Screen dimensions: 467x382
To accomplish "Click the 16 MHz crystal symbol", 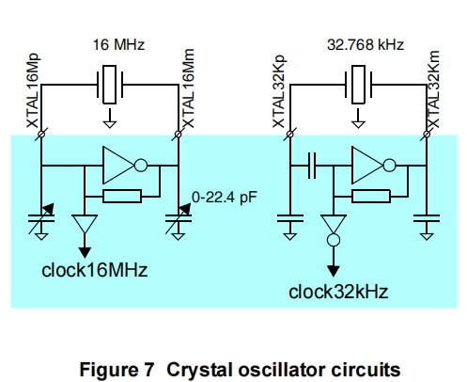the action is (110, 85).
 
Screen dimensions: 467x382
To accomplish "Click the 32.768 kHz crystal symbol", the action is (358, 85).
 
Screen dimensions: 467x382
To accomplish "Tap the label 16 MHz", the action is (118, 44).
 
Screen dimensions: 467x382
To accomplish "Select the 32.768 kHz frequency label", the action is (366, 44).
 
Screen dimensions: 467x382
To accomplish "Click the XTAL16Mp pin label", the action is (33, 90).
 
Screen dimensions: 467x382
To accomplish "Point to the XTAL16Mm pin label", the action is (188, 88).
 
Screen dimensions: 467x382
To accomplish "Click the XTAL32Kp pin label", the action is (279, 91).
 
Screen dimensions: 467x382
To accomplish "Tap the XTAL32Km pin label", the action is (434, 89).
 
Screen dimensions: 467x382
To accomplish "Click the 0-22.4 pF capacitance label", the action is (225, 198).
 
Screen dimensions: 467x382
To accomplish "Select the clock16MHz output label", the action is (94, 270).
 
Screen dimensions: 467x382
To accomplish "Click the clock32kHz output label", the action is (338, 292).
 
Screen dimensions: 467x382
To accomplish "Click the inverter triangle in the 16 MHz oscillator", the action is (118, 165).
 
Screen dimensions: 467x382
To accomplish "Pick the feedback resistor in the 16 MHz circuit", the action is (122, 197).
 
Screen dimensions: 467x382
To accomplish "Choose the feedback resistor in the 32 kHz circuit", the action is (371, 197).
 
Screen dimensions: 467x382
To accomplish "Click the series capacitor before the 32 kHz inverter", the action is (312, 166).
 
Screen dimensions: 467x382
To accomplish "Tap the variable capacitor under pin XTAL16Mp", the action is (41, 218).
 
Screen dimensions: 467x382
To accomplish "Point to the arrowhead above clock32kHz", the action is (334, 271).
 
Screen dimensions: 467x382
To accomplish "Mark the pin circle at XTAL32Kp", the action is (290, 134).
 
